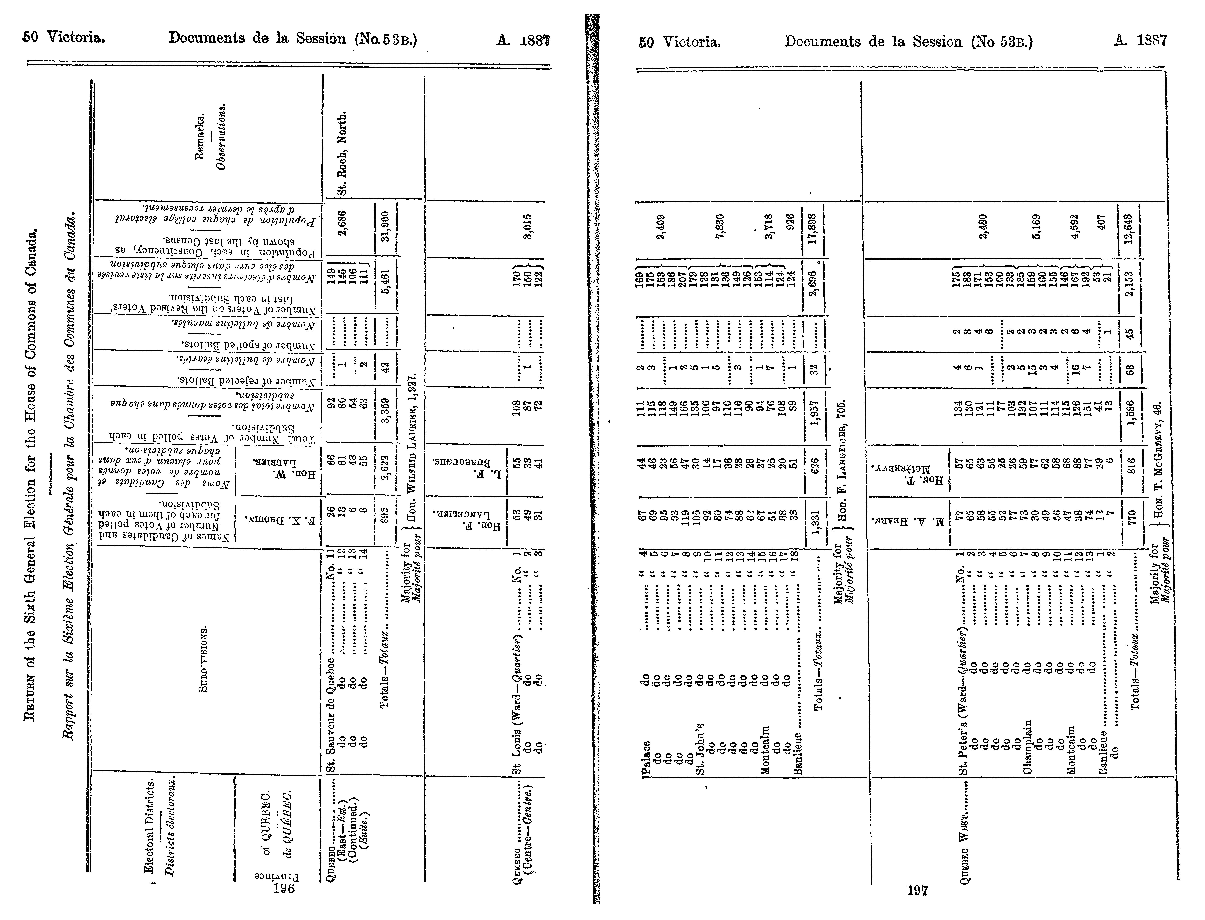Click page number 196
click(x=284, y=888)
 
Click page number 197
click(x=917, y=891)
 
